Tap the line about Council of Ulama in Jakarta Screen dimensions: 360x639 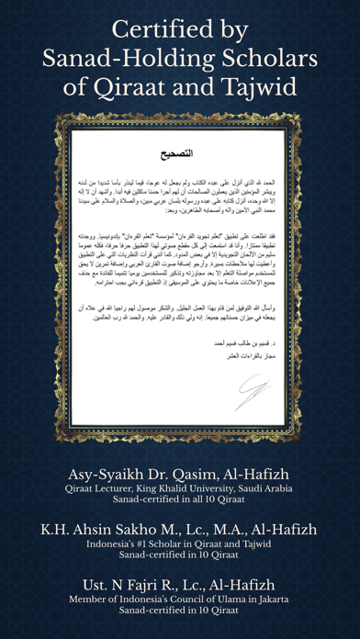[180, 601]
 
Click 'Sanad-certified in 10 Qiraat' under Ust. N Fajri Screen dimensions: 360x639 [180, 614]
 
